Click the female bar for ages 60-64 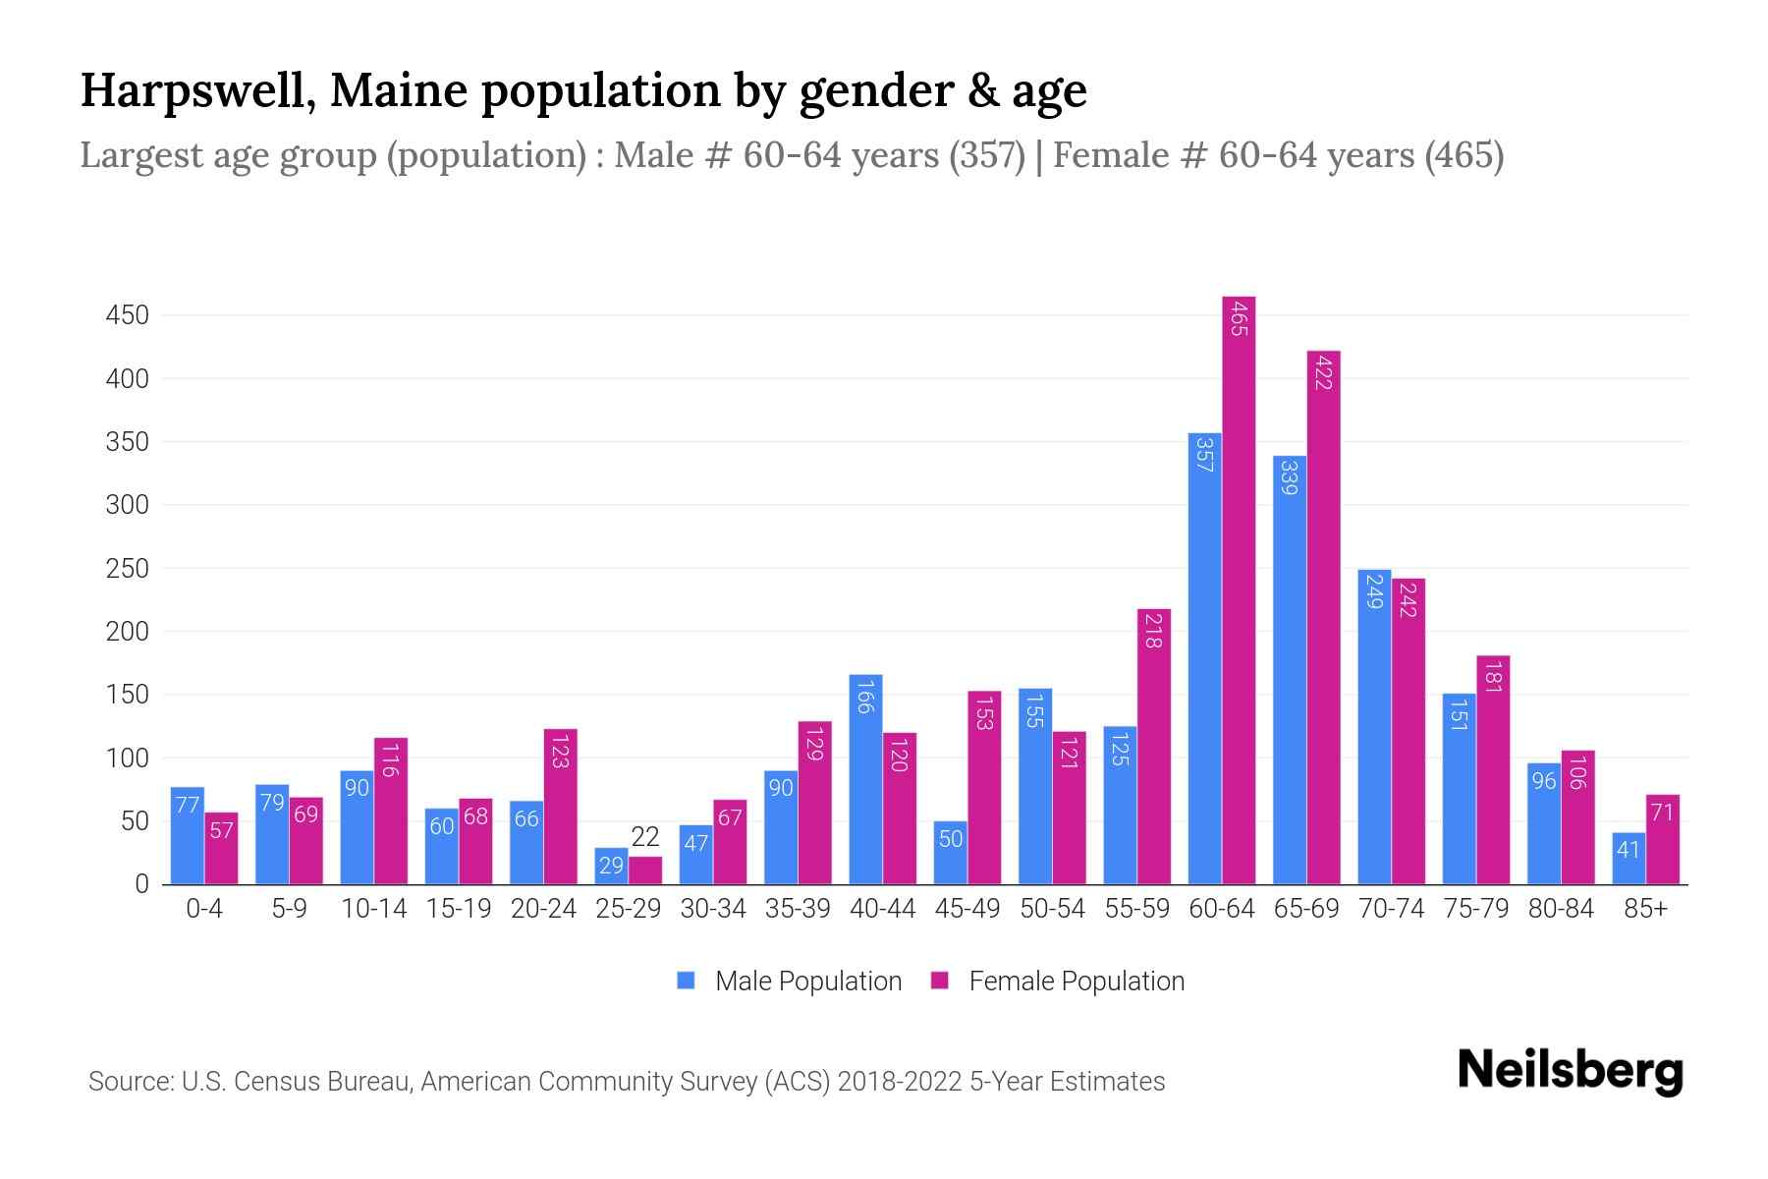pos(1239,589)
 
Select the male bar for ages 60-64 pos(1205,658)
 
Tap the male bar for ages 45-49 pos(950,853)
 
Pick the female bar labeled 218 pos(1154,747)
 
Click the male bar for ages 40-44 pos(865,779)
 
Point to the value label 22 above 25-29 pos(645,837)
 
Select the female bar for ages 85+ pos(1663,840)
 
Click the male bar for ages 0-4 pos(188,835)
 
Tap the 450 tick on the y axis pos(128,315)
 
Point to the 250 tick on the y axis pos(128,569)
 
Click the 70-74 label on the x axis pos(1391,909)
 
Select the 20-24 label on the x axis pos(543,909)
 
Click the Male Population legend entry pos(790,981)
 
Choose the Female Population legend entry pos(1058,981)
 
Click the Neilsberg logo pos(1570,1071)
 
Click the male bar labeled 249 pos(1374,727)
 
